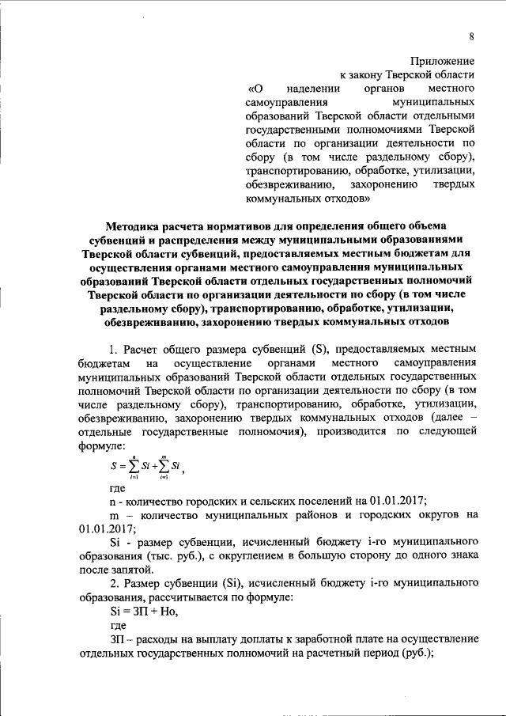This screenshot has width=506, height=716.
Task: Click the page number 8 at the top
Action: pyautogui.click(x=470, y=36)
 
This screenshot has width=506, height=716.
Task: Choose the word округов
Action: pyautogui.click(x=432, y=515)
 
